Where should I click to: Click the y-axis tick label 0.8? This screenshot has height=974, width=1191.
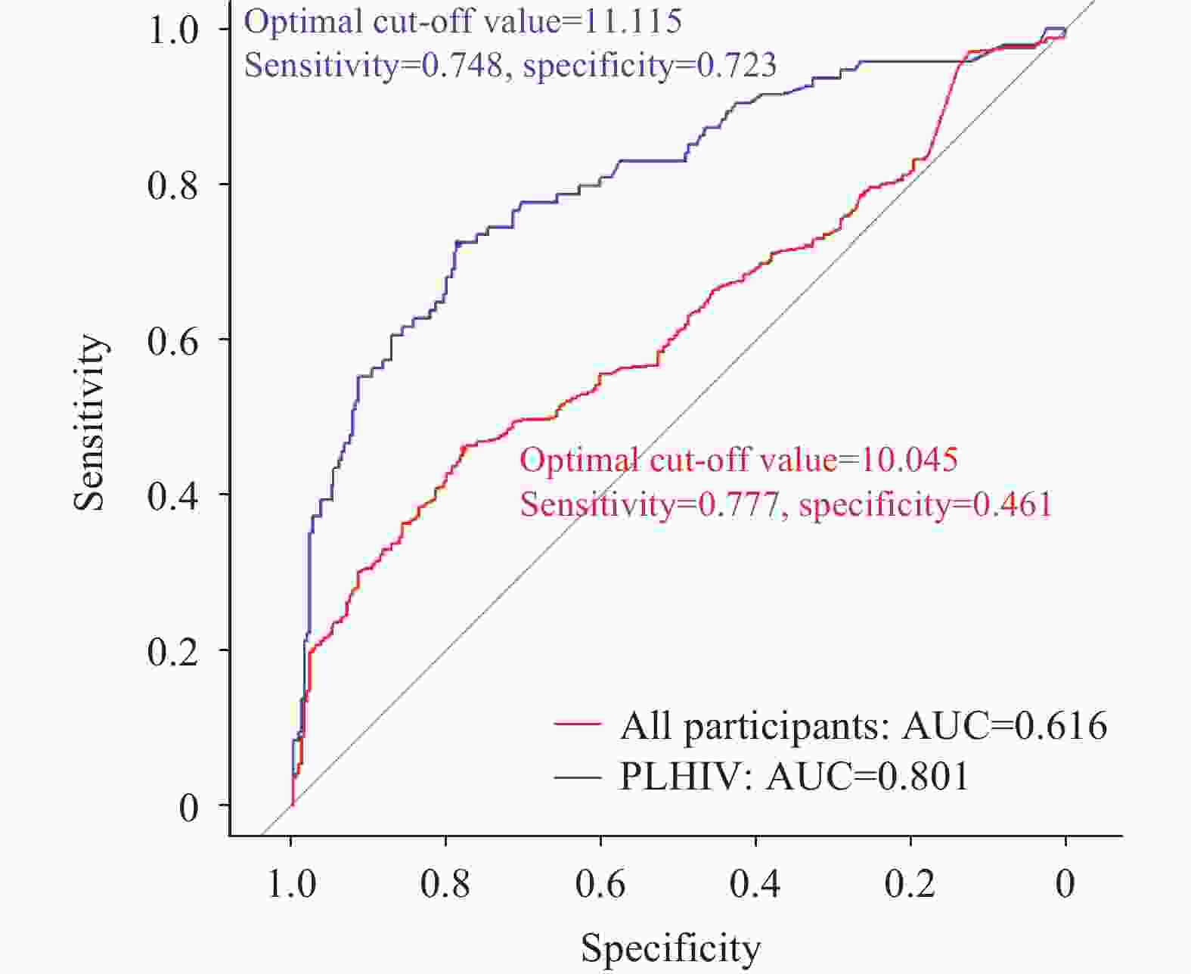click(x=172, y=185)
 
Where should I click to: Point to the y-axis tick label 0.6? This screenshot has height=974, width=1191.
click(x=172, y=340)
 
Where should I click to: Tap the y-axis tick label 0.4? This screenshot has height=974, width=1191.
click(x=172, y=495)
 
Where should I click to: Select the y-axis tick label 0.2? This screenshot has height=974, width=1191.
click(x=172, y=650)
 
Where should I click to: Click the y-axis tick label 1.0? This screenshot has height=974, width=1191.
click(x=172, y=30)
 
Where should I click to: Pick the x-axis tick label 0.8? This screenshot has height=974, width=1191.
click(x=445, y=883)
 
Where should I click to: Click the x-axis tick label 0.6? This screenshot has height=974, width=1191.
click(x=600, y=883)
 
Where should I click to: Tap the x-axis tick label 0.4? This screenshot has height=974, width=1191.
click(x=755, y=883)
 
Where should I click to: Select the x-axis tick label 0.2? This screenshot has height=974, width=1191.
click(x=910, y=883)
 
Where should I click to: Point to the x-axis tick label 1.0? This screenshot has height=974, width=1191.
click(x=291, y=883)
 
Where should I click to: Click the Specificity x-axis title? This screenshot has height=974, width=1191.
click(x=671, y=947)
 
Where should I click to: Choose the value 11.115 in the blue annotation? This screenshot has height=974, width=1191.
click(x=632, y=21)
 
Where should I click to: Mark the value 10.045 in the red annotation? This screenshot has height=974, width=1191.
click(x=909, y=459)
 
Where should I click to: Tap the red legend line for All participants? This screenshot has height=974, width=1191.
click(x=578, y=724)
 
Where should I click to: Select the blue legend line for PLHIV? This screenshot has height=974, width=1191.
click(x=578, y=776)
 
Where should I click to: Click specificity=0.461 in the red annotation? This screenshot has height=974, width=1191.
click(x=925, y=504)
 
